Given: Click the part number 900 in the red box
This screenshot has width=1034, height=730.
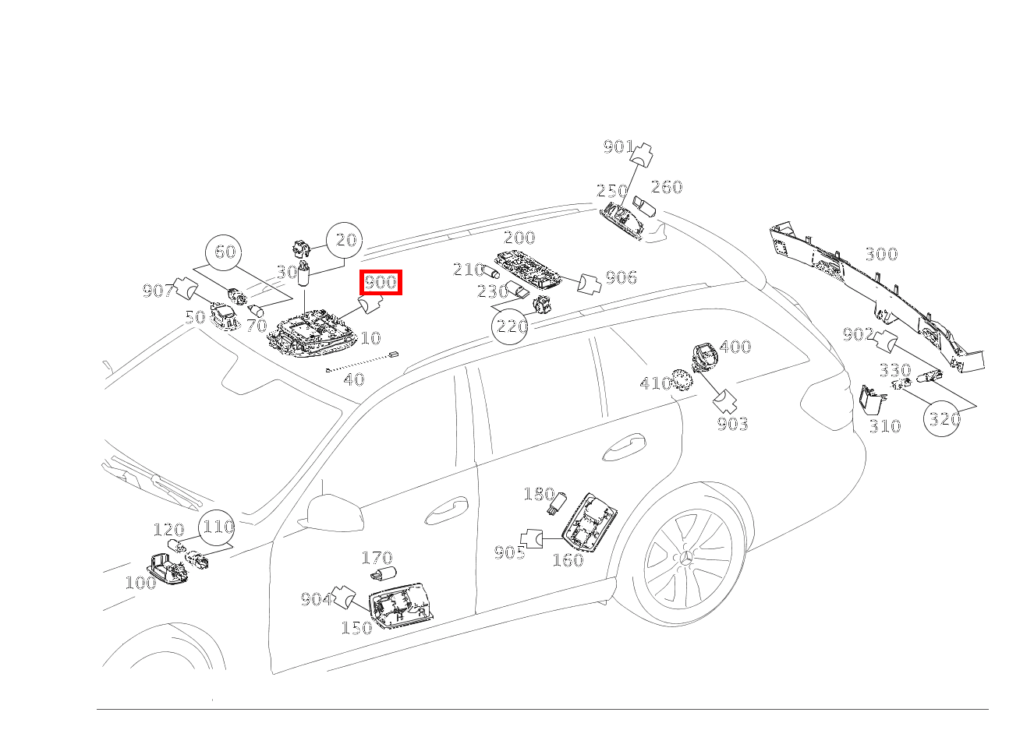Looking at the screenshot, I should tap(381, 282).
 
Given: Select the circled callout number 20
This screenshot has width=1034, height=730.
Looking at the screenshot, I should tap(345, 241).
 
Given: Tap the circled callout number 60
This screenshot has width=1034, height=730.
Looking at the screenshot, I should tap(225, 252).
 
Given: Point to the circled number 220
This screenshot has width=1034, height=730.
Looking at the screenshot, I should tap(512, 326).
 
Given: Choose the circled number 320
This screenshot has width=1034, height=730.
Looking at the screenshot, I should tap(944, 418).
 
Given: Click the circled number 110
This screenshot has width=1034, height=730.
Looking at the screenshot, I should tap(218, 527).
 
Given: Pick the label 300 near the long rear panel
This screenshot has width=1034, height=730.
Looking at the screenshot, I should tap(881, 254).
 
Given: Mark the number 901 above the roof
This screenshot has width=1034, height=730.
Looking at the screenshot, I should tap(618, 146).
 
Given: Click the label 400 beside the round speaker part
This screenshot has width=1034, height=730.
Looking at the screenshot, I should tap(735, 347).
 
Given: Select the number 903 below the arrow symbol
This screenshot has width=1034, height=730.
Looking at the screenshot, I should tap(732, 424).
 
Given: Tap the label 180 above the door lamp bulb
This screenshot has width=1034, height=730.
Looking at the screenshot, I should tap(539, 494).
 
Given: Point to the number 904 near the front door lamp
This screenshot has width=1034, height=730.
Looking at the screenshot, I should tap(317, 599).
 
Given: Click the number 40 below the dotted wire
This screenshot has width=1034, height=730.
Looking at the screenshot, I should tap(354, 380).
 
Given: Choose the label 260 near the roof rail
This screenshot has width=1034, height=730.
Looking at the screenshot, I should tap(667, 187).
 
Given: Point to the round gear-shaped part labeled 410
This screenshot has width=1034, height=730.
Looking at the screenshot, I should tap(682, 379).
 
